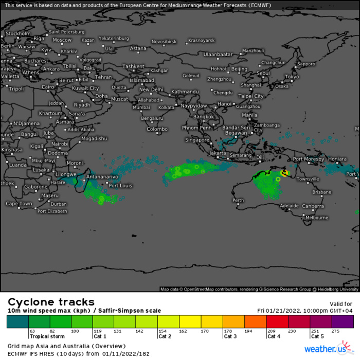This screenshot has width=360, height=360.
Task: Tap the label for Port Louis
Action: (121, 186)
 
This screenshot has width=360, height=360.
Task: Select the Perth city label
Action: (238, 201)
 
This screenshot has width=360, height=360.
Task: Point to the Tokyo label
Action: (292, 77)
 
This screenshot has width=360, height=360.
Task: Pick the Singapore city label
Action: (197, 139)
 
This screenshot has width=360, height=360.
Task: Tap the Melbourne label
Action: (317, 218)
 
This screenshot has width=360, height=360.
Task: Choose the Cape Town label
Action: (19, 204)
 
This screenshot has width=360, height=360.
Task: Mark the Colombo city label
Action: (157, 129)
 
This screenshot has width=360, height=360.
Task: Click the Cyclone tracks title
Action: (51, 302)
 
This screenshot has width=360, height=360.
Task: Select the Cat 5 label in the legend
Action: (317, 337)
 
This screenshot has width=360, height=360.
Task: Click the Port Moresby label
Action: (309, 159)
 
